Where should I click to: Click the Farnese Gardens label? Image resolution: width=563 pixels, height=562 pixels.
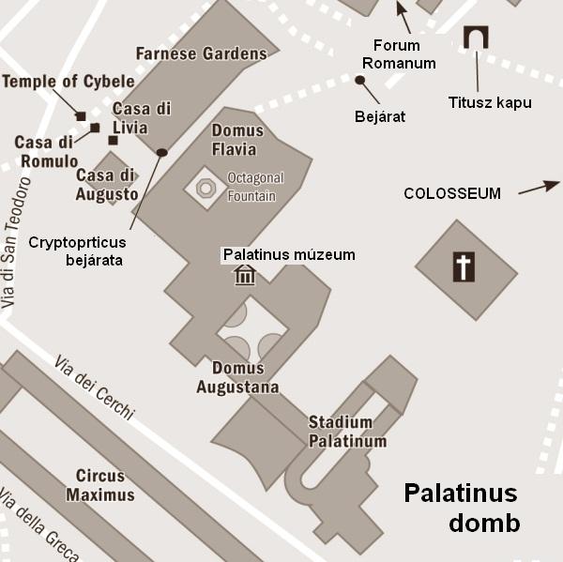tap(201, 53)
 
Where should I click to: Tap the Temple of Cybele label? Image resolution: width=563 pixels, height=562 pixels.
tap(68, 82)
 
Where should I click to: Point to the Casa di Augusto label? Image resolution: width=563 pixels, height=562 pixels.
tap(107, 185)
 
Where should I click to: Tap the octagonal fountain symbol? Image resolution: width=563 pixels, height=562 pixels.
tap(206, 188)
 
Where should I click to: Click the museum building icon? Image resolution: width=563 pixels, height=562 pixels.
tap(245, 275)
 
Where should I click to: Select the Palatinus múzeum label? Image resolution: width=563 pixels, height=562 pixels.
tap(288, 254)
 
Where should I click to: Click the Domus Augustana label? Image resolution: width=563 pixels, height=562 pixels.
tap(237, 377)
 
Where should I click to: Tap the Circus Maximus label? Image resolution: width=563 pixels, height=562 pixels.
tap(106, 485)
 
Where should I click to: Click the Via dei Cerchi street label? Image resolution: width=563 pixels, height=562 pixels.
tap(94, 387)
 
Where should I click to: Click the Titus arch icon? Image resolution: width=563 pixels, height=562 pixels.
tap(477, 38)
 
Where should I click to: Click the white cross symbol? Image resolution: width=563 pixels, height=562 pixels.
tap(464, 266)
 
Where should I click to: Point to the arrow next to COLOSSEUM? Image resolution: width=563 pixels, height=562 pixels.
tap(537, 187)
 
